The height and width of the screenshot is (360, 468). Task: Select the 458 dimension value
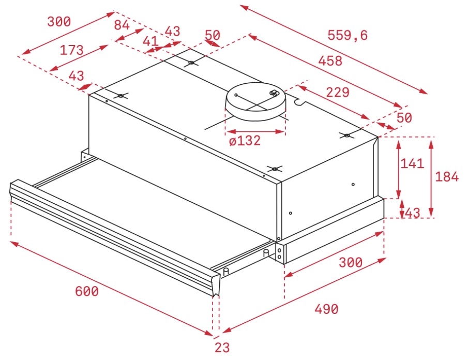[x=330, y=61]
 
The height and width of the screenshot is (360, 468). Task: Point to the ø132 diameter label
[x=245, y=140]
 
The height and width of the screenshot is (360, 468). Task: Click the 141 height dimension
[x=412, y=163]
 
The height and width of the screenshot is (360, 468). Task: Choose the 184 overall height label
[x=446, y=177]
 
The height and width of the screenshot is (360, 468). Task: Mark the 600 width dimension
[x=86, y=291]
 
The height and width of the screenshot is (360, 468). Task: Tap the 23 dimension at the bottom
[x=222, y=348]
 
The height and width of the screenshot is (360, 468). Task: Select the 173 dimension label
[x=71, y=50]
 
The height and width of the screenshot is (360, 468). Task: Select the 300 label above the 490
[x=350, y=262]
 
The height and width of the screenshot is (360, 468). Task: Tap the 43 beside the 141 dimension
[x=412, y=213]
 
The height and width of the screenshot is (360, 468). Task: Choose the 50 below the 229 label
[x=404, y=118]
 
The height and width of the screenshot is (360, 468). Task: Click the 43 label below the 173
[x=76, y=76]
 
